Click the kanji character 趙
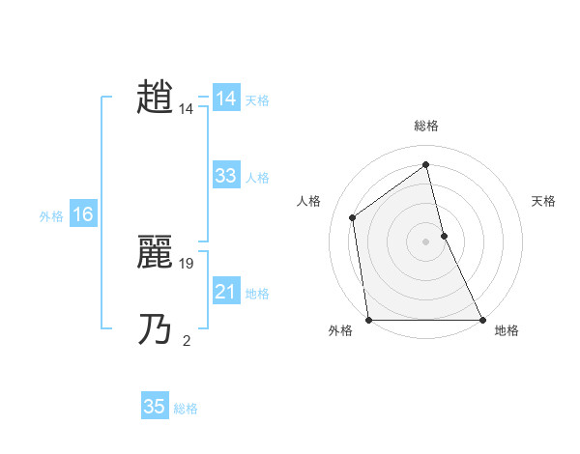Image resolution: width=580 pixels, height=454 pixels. click(156, 98)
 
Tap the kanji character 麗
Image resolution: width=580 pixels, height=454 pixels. click(156, 253)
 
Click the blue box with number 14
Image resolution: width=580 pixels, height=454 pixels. click(226, 99)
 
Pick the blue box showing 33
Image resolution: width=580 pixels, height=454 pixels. click(226, 176)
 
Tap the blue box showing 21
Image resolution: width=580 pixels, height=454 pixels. click(226, 292)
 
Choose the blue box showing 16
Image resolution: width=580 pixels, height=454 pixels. click(83, 214)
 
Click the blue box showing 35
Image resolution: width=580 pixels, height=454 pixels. click(155, 407)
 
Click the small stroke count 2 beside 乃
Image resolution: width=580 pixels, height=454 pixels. click(187, 340)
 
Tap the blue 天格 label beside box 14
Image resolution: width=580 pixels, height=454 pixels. click(257, 100)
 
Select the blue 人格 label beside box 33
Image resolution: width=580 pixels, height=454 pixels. click(257, 178)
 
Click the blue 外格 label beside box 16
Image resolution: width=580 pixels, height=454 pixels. click(51, 216)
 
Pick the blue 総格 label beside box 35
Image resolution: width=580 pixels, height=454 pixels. click(186, 409)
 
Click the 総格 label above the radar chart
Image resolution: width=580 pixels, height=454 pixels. click(425, 126)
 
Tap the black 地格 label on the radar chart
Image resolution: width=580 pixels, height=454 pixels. click(507, 330)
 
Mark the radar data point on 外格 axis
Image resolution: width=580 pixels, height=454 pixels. click(368, 320)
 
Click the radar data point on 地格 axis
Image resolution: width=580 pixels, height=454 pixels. click(481, 320)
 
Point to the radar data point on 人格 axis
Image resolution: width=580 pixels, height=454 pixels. click(352, 217)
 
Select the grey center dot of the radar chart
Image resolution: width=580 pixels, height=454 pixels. click(425, 241)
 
